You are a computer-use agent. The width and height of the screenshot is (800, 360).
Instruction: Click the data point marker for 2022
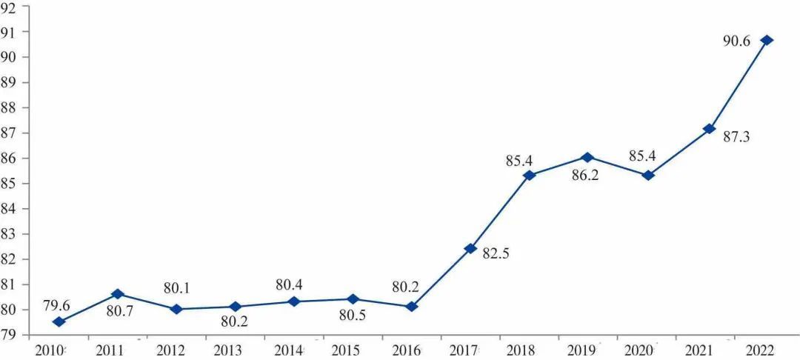click(x=767, y=40)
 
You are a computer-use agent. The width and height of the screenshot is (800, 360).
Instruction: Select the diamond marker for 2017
click(x=470, y=248)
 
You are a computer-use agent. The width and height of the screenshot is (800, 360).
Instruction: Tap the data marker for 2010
click(x=59, y=321)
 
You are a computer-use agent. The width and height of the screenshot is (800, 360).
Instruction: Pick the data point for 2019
click(x=587, y=157)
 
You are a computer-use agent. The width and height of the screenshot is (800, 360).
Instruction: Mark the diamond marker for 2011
click(x=118, y=294)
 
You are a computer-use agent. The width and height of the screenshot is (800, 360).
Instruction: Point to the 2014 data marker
click(x=294, y=301)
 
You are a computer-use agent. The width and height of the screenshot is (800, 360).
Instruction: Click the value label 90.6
click(x=737, y=42)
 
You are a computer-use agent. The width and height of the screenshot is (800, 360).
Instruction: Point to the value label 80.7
click(x=119, y=312)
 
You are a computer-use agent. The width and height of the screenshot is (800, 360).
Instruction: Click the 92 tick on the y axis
click(x=10, y=7)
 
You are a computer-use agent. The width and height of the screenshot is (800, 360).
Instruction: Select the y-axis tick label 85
click(x=10, y=184)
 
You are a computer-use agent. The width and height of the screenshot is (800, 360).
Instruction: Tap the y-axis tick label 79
click(x=10, y=335)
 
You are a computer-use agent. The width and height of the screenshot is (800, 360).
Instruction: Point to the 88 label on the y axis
click(x=10, y=107)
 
